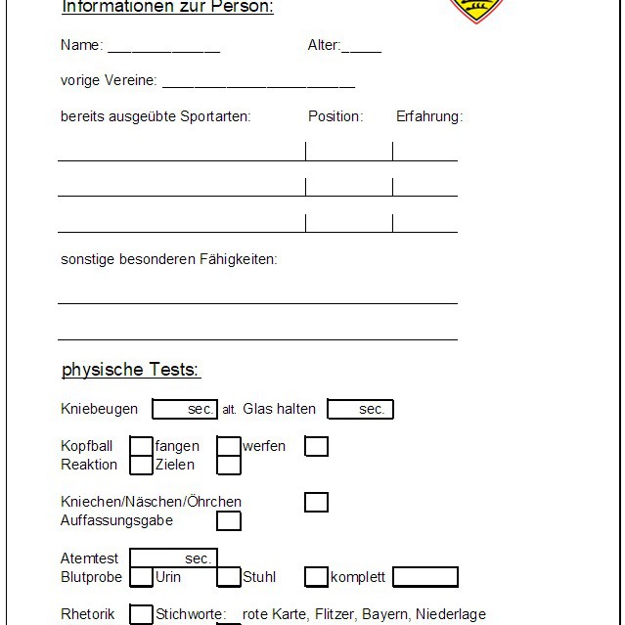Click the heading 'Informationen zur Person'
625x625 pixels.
(x=167, y=8)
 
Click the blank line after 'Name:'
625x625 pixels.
(x=163, y=47)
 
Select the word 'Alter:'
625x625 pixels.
(x=324, y=45)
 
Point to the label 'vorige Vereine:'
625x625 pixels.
(x=108, y=81)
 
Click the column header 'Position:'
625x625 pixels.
(x=335, y=116)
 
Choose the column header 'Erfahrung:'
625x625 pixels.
(x=429, y=116)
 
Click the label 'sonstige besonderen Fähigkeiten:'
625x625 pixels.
(x=168, y=259)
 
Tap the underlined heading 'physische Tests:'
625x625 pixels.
(x=130, y=370)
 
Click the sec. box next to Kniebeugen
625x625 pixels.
(x=185, y=409)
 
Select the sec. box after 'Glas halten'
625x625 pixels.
(x=360, y=409)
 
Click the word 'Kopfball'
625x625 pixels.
(x=87, y=446)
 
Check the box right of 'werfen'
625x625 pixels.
(x=316, y=446)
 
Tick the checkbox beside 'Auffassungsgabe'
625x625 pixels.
(x=229, y=520)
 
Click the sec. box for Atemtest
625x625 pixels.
(x=173, y=558)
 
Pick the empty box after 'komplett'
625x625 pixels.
(x=424, y=577)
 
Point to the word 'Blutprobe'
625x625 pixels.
(x=91, y=577)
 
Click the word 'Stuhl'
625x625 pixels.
(x=260, y=577)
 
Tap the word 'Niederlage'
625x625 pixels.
(x=450, y=614)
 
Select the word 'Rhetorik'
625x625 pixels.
(x=87, y=614)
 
